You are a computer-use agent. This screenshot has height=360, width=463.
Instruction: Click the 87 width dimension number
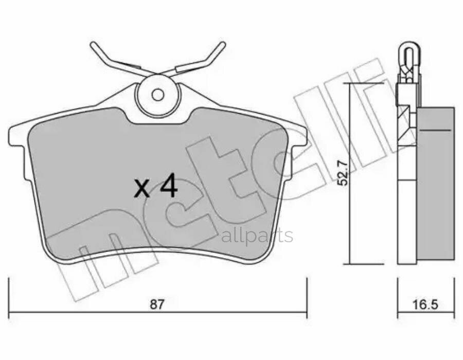156,304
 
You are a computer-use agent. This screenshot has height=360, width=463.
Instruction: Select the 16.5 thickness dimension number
426,304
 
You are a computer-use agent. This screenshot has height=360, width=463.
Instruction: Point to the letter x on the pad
142,189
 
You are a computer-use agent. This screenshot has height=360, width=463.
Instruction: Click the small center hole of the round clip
158,95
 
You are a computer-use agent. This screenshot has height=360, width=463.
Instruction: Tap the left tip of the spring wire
93,45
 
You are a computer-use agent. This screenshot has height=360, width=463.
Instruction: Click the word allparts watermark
257,236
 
